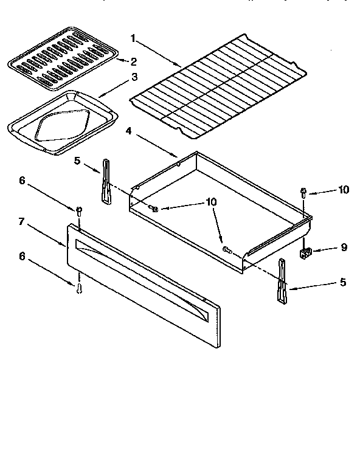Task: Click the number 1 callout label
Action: point(133,38)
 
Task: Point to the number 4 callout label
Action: point(128,131)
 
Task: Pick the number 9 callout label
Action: point(344,248)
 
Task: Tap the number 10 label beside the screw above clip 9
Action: point(344,190)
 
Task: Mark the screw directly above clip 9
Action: point(303,193)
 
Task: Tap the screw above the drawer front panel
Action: point(79,211)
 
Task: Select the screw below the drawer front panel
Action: point(79,288)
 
